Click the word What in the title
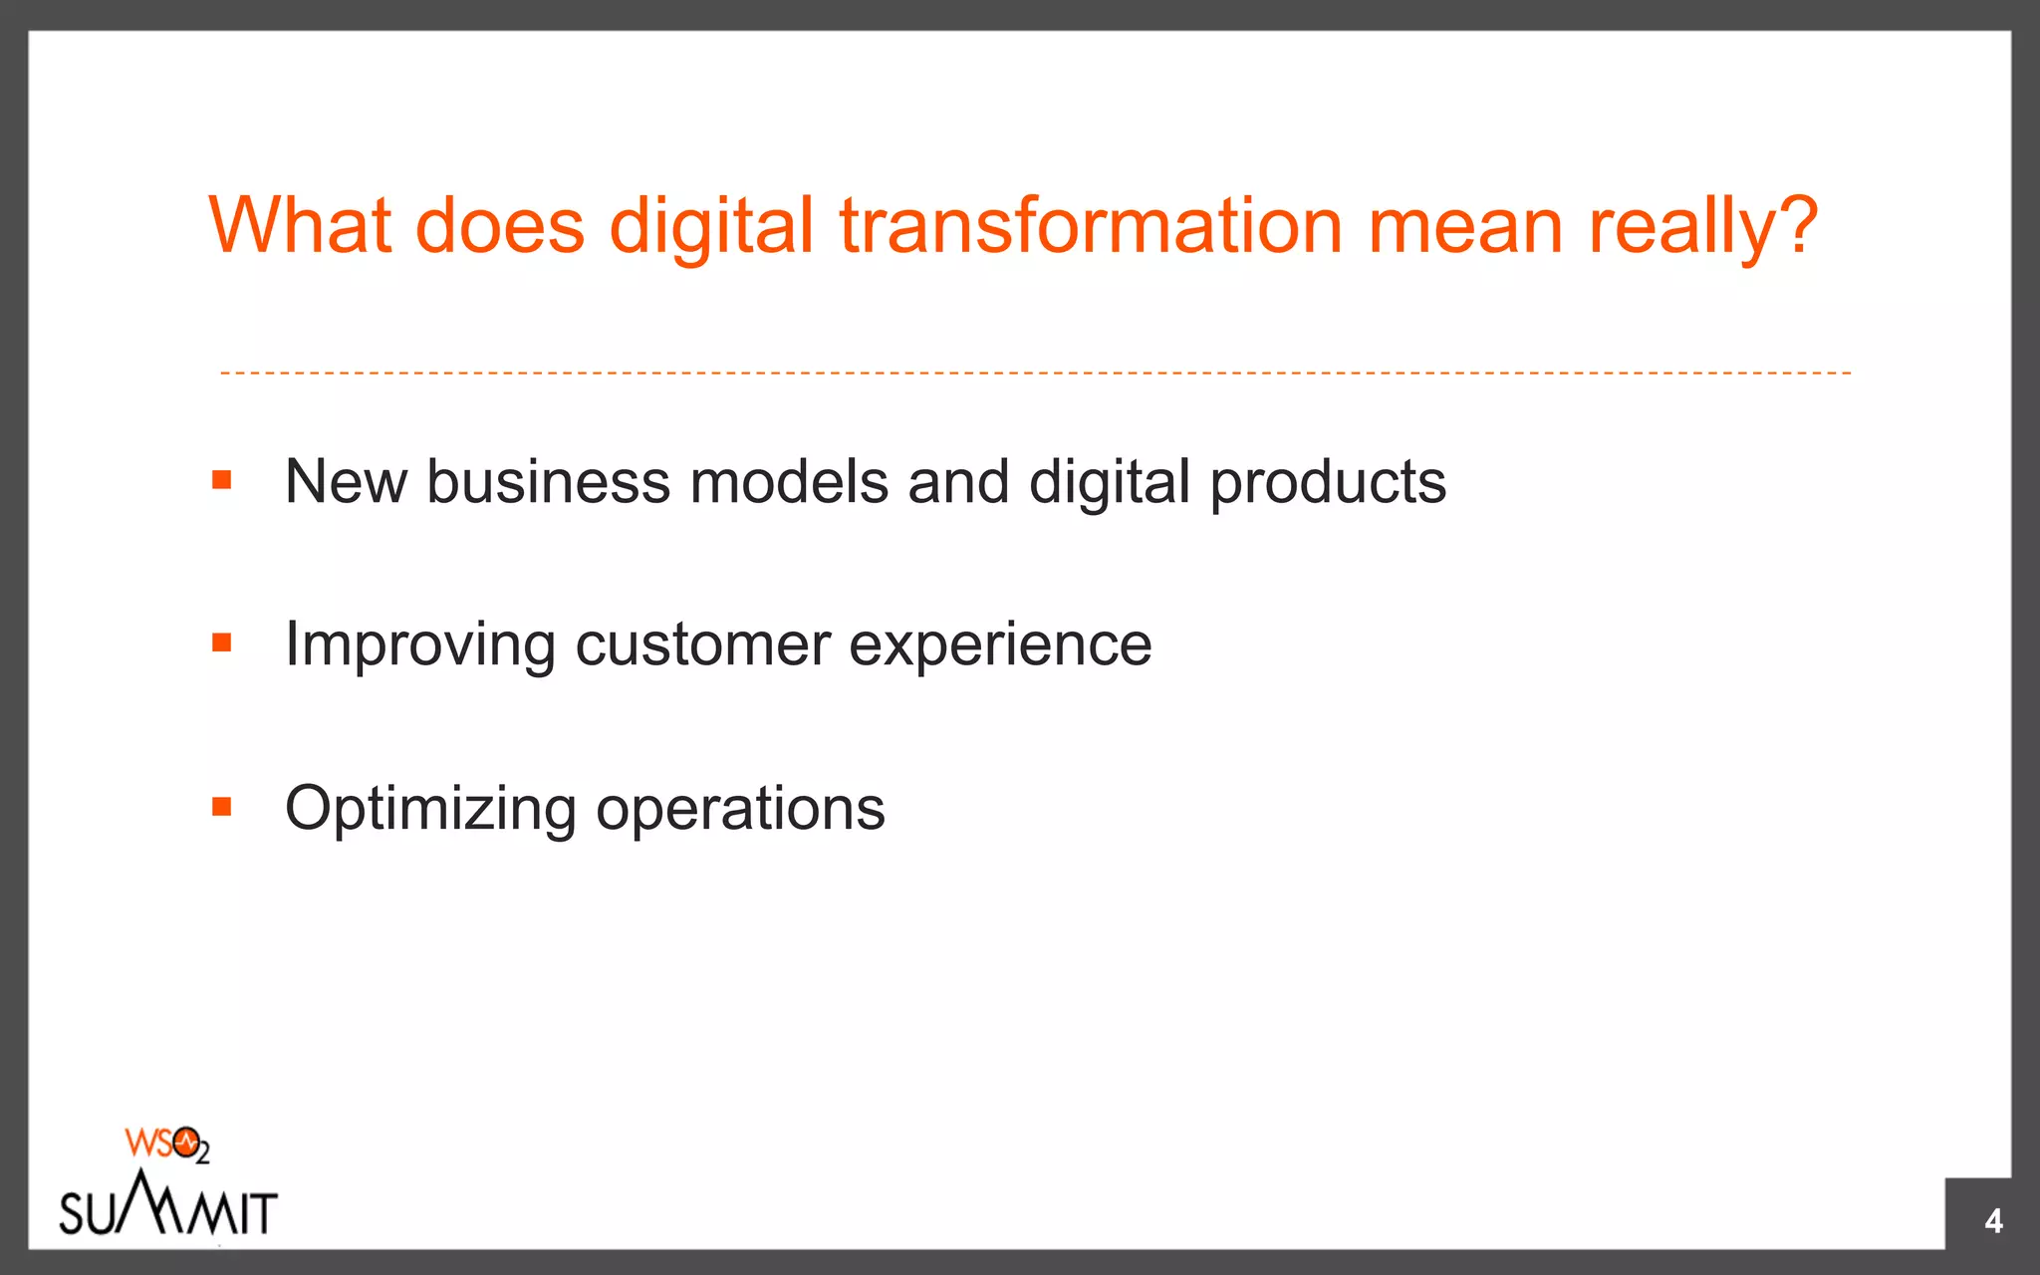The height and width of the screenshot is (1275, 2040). (300, 226)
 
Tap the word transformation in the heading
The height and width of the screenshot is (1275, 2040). (1091, 226)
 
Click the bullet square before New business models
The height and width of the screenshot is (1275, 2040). (221, 481)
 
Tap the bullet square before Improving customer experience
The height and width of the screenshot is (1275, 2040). (221, 643)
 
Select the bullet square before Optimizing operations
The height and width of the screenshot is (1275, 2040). (221, 807)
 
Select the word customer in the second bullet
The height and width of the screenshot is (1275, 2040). (702, 645)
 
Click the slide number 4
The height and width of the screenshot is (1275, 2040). (1993, 1221)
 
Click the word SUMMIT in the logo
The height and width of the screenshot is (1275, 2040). (167, 1210)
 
